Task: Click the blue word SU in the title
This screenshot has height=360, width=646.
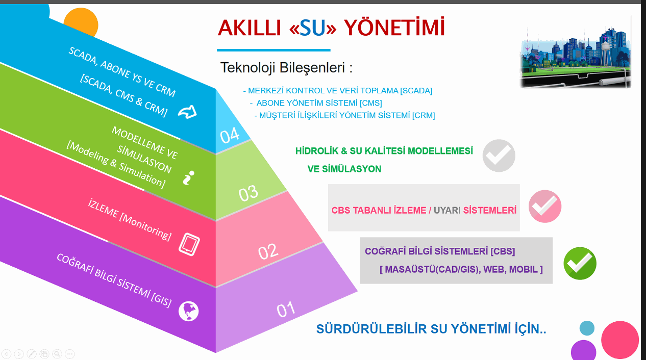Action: (312, 28)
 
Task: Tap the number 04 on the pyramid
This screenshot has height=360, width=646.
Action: (230, 135)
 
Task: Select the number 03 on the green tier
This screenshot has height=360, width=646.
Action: (248, 193)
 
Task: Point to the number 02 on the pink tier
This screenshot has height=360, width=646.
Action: (268, 251)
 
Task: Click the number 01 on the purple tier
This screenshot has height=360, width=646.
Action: (286, 310)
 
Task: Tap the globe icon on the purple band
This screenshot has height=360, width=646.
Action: (189, 311)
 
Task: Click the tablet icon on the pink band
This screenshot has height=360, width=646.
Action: (189, 244)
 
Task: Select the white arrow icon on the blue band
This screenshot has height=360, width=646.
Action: (187, 112)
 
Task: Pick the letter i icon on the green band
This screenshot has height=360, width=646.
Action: (188, 177)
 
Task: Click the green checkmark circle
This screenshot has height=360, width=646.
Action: (580, 263)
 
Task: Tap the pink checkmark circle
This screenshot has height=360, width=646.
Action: (545, 207)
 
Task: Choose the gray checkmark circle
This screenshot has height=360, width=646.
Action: (499, 156)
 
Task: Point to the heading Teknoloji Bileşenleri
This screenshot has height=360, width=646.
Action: (286, 68)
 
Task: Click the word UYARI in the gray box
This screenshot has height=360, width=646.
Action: (447, 211)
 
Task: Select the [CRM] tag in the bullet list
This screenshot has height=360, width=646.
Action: (424, 115)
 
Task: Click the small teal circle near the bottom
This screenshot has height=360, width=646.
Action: (587, 328)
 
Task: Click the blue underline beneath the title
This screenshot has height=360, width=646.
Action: (274, 50)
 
